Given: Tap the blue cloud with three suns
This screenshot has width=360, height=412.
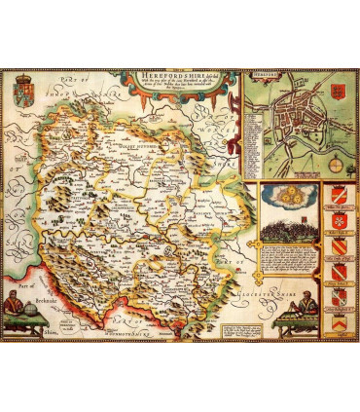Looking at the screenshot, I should pos(289,192).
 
